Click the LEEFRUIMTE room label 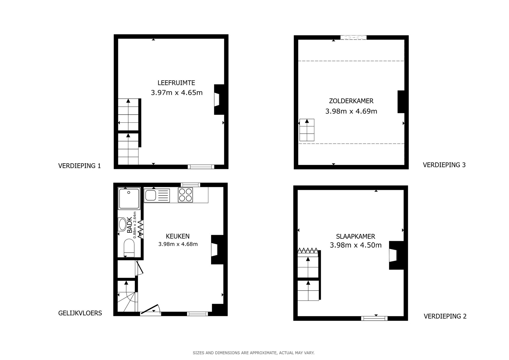[x=176, y=83]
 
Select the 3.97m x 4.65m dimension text [x=176, y=93]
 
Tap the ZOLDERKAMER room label [x=351, y=101]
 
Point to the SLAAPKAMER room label [x=355, y=236]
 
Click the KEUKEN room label [x=177, y=236]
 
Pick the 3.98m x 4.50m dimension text [x=356, y=245]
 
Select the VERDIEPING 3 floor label [x=444, y=165]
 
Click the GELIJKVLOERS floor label [x=80, y=313]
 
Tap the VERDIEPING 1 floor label [x=79, y=166]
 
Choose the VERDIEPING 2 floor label [x=445, y=316]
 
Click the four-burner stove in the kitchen [x=185, y=195]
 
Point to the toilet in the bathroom [x=129, y=248]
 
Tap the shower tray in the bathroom [x=129, y=199]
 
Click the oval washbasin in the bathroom [x=122, y=224]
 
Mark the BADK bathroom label [x=130, y=225]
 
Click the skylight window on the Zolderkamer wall [x=353, y=37]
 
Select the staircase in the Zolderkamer [x=307, y=130]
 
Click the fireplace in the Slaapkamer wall [x=396, y=255]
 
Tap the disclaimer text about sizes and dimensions [x=254, y=353]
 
